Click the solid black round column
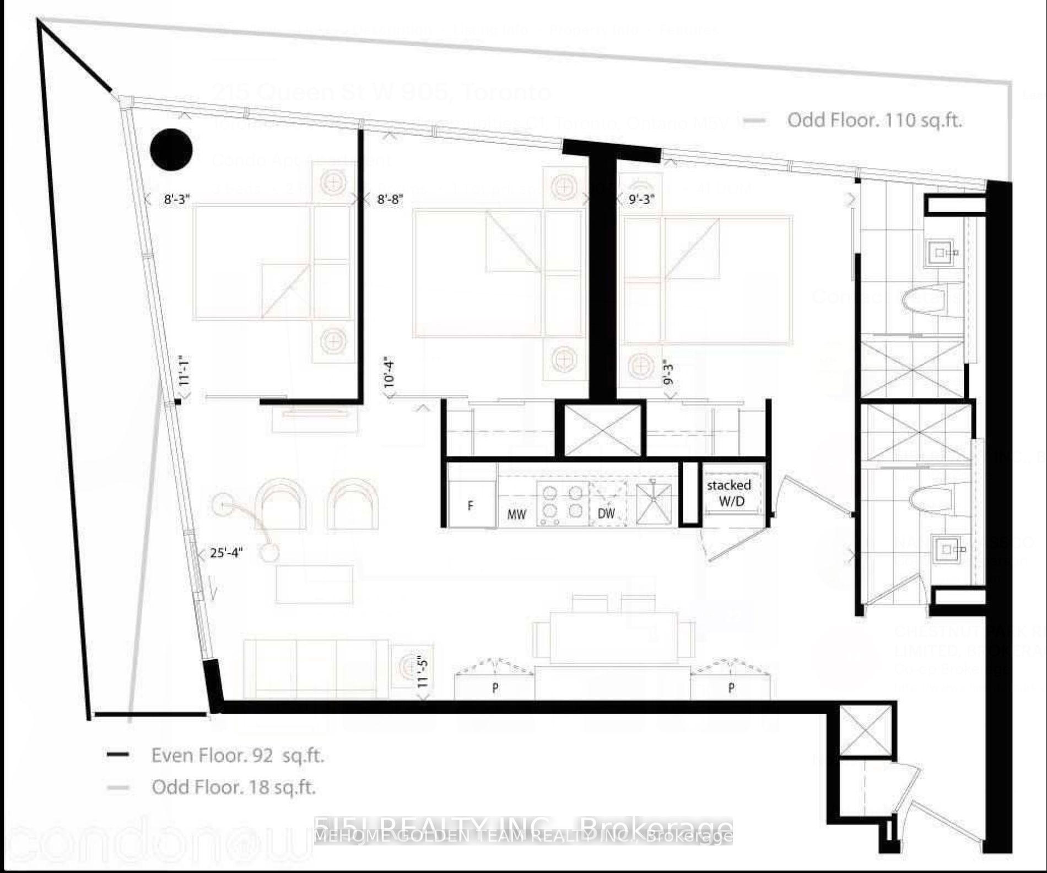tap(171, 149)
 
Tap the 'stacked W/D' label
tap(728, 493)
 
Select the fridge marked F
tap(470, 504)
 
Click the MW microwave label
tap(516, 514)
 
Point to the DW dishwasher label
tap(606, 513)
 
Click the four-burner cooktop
tap(562, 503)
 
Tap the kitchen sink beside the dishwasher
tap(654, 503)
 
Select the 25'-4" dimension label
tap(226, 552)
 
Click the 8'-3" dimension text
tap(177, 200)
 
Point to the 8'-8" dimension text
tap(390, 200)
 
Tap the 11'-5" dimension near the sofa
tap(422, 671)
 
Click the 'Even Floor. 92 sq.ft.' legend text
tap(238, 755)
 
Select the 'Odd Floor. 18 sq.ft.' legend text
tap(234, 787)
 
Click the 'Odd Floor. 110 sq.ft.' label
tap(874, 120)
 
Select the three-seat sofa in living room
tap(316, 669)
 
